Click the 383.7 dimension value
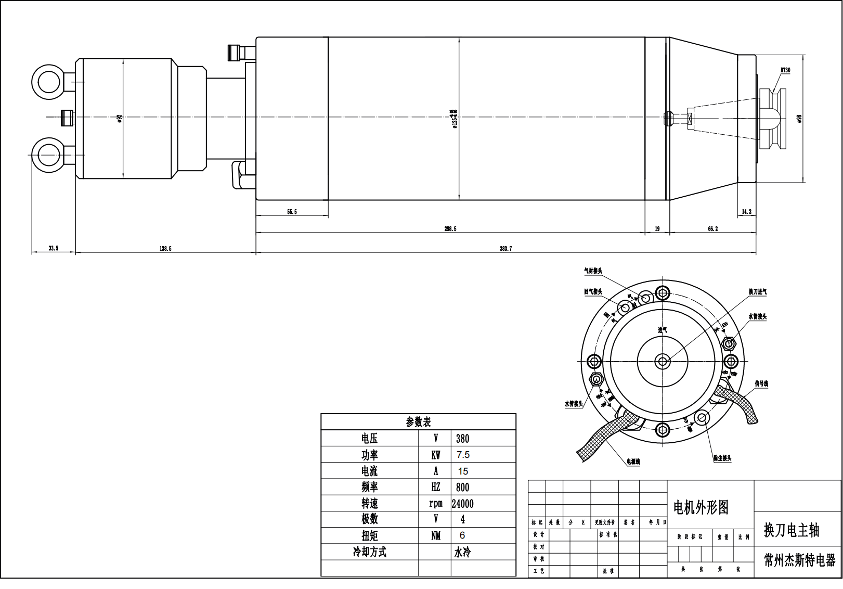[x=505, y=249]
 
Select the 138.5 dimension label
[x=165, y=249]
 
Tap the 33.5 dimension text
[x=54, y=249]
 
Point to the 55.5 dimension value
[x=292, y=212]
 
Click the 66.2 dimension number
[x=712, y=228]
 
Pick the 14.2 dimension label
[x=746, y=212]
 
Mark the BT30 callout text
[x=785, y=70]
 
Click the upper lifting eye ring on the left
[x=47, y=81]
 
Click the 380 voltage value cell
[x=462, y=439]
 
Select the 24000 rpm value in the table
[x=462, y=504]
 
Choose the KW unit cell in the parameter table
[x=435, y=455]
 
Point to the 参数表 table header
[x=418, y=422]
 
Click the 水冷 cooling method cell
[x=462, y=552]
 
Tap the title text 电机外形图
[x=701, y=507]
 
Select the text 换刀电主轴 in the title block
[x=792, y=530]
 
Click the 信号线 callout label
[x=761, y=384]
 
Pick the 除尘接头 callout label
[x=722, y=458]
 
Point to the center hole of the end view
[x=663, y=361]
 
